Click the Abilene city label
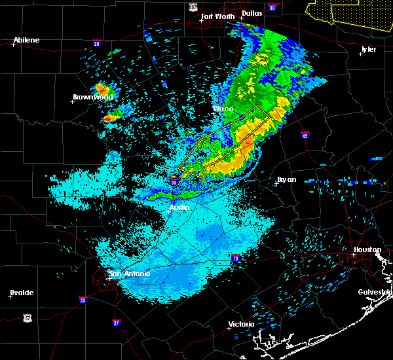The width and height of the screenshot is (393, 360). (26, 41)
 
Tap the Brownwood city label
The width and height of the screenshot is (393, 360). (92, 97)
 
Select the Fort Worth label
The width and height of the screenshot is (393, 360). (217, 16)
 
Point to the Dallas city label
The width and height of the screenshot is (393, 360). (252, 13)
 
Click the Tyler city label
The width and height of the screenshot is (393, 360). (369, 49)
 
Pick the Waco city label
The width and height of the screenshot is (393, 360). (223, 109)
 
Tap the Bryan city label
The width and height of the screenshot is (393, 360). (286, 179)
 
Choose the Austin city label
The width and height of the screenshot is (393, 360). (179, 207)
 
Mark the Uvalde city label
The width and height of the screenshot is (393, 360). (21, 293)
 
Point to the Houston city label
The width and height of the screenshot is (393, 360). (367, 249)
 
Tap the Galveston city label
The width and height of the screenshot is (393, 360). (375, 292)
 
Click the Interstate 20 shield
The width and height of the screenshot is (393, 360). (97, 45)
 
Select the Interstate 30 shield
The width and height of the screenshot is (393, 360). (272, 7)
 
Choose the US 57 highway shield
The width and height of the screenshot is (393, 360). (27, 317)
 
